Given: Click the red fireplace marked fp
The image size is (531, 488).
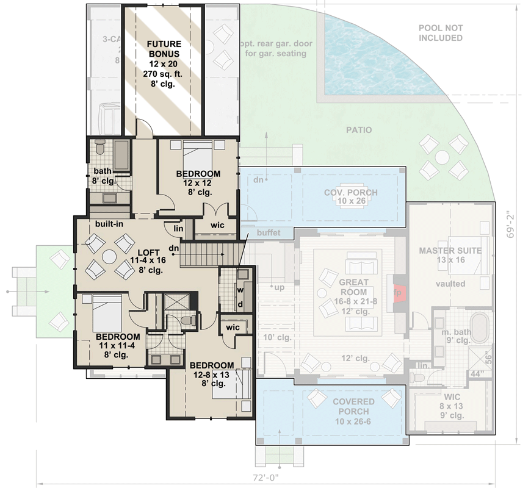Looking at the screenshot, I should point(398,292).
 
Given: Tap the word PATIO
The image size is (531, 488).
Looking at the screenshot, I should point(358,130).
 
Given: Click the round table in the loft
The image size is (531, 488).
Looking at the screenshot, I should point(109,257).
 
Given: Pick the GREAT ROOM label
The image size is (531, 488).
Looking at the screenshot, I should point(353,287).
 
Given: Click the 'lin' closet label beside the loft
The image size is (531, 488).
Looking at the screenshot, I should point(178,228).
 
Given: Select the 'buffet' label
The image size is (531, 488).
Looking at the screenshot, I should point(269,232).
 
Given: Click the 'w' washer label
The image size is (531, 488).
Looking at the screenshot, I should point(240,290).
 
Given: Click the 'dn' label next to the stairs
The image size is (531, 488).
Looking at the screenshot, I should point(174,248).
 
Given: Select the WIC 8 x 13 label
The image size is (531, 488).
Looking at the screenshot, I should point(452,406).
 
